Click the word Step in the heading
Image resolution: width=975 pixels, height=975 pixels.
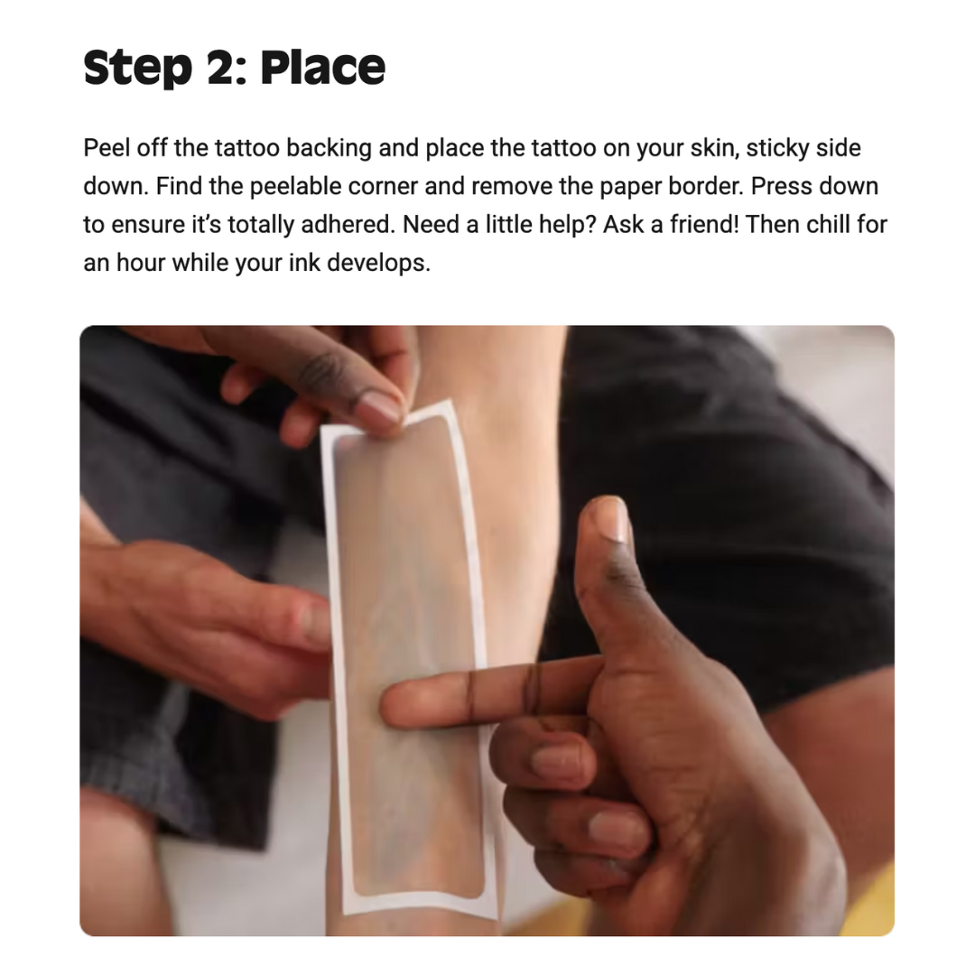click(x=137, y=68)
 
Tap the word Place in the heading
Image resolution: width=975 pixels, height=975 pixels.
click(x=322, y=67)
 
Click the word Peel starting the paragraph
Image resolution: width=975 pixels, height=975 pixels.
click(x=106, y=148)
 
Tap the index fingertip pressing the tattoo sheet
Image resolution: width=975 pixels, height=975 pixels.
click(x=395, y=705)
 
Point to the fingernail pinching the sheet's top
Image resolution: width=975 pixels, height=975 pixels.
click(x=381, y=409)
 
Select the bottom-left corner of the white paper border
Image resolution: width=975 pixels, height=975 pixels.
click(x=345, y=913)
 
